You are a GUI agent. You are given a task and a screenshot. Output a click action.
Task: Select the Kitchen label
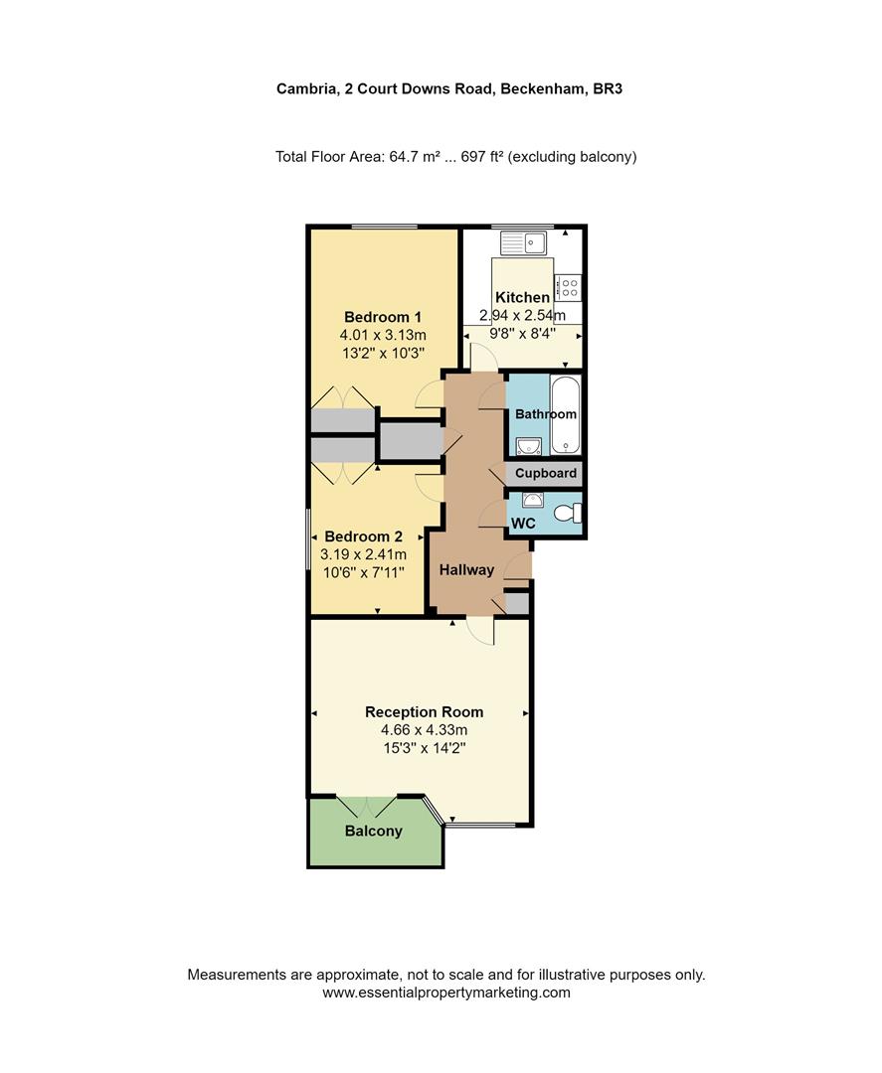pyautogui.click(x=522, y=297)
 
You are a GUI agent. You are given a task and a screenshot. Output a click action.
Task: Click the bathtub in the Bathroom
pyautogui.click(x=564, y=414)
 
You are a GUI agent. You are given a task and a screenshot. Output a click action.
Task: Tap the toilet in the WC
pyautogui.click(x=567, y=514)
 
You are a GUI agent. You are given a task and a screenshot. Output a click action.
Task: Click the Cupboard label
pyautogui.click(x=545, y=474)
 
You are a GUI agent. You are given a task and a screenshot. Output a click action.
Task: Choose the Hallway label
pyautogui.click(x=466, y=569)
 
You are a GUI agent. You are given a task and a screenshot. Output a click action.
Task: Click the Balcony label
pyautogui.click(x=374, y=831)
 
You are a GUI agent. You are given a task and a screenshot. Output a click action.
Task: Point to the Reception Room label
pyautogui.click(x=424, y=711)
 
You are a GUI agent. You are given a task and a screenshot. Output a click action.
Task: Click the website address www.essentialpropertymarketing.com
pyautogui.click(x=446, y=992)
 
